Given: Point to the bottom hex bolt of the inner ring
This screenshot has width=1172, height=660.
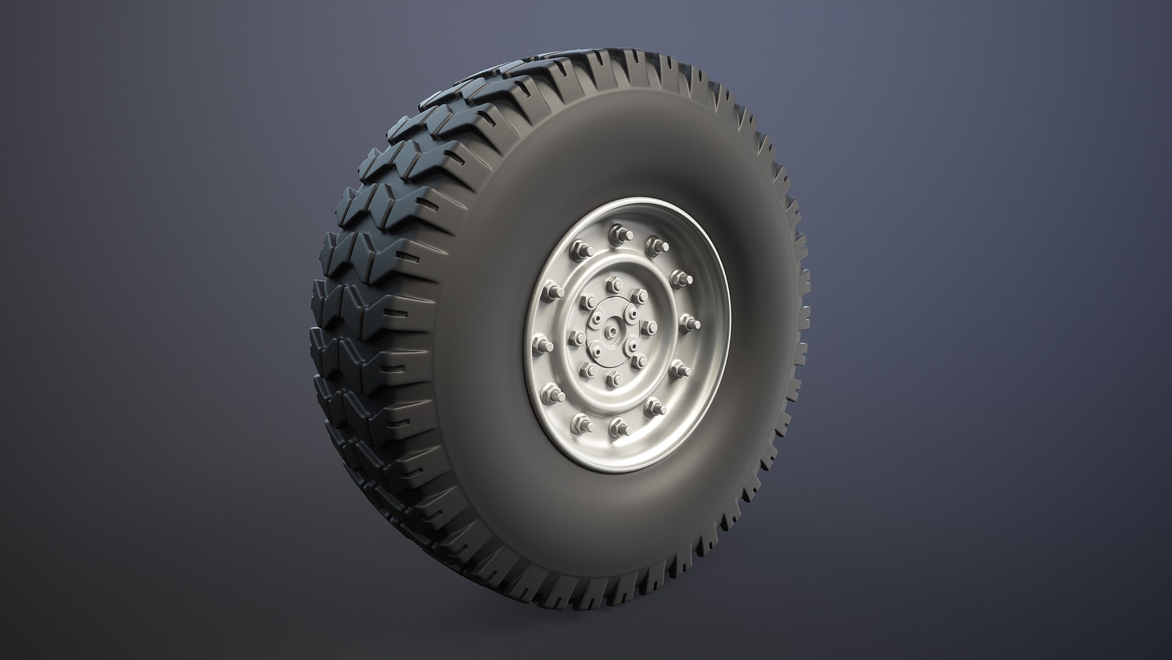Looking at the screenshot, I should (x=614, y=378).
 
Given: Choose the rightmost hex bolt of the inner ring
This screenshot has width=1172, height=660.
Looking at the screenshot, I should (x=650, y=324).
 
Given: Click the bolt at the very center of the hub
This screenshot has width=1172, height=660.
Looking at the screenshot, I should (x=611, y=331).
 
